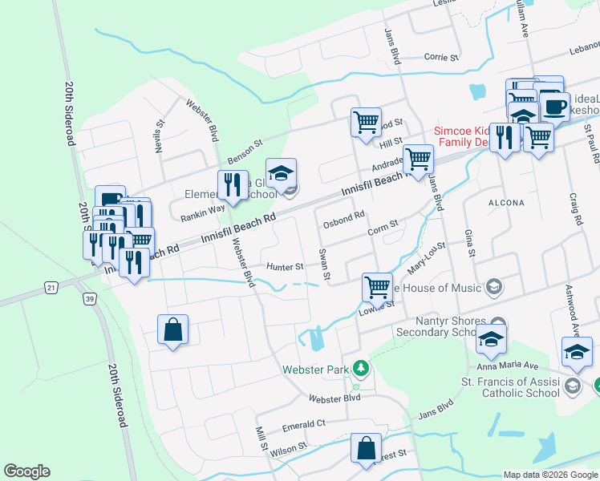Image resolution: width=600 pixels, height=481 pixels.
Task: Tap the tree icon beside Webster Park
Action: tap(362, 368)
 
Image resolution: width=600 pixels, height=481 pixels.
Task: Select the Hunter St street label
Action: tap(285, 267)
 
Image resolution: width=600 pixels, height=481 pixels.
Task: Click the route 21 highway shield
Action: tap(52, 286)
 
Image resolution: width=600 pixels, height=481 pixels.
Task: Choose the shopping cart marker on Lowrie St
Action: tap(377, 285)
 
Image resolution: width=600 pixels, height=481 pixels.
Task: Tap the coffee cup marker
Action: tap(554, 105)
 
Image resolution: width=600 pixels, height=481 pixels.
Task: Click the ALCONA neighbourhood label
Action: tap(506, 204)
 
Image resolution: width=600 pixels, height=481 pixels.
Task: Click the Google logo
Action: tap(26, 471)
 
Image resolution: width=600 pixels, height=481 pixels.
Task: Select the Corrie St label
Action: tap(440, 58)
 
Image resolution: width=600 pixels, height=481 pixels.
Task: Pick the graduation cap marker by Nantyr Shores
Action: tap(491, 339)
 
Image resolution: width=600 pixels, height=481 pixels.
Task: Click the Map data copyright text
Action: tap(550, 475)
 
